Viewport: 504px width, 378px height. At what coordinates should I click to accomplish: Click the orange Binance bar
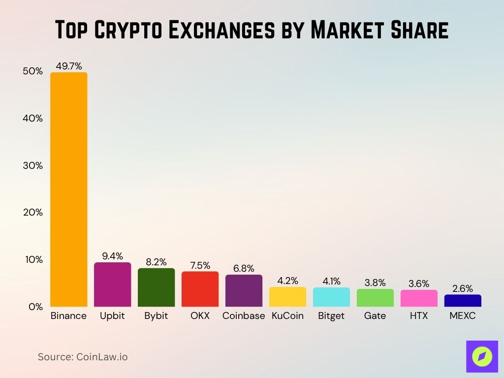click(69, 189)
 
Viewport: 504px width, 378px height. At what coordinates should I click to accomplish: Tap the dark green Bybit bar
click(156, 287)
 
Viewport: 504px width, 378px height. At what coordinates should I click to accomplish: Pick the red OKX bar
click(200, 289)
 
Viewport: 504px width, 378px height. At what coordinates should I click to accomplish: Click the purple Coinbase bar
click(244, 290)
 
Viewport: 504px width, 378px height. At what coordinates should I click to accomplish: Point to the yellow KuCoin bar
click(287, 297)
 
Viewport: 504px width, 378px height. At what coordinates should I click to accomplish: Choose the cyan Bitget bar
click(331, 297)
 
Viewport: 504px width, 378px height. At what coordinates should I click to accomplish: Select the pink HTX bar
click(419, 298)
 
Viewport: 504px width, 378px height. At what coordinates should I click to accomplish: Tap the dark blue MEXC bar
click(463, 301)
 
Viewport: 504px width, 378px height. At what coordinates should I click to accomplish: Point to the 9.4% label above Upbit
click(113, 256)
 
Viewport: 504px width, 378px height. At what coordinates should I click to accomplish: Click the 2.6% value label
click(463, 288)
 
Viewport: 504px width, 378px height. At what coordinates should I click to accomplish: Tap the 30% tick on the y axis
click(33, 166)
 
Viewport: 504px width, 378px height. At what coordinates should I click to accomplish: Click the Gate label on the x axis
click(375, 316)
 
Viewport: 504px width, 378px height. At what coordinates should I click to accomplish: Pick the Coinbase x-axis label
click(244, 316)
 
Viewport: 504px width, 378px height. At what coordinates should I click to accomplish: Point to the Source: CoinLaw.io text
click(83, 357)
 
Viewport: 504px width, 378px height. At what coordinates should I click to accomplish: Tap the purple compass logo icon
click(481, 356)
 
